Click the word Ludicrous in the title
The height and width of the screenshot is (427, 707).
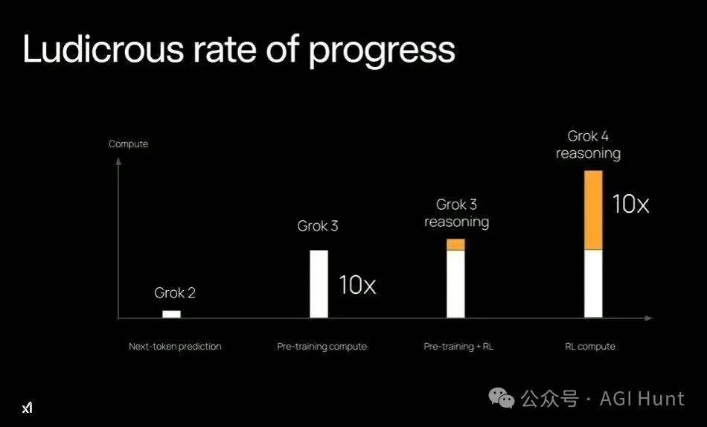pyautogui.click(x=103, y=48)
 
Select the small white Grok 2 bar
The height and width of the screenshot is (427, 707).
pyautogui.click(x=171, y=314)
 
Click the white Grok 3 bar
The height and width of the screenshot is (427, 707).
pyautogui.click(x=319, y=284)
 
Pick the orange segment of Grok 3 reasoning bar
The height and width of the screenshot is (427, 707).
pyautogui.click(x=455, y=245)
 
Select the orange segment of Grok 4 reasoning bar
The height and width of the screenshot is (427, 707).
pyautogui.click(x=593, y=210)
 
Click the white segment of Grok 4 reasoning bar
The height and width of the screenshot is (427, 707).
pyautogui.click(x=593, y=284)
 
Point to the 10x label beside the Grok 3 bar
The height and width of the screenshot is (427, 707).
pyautogui.click(x=357, y=285)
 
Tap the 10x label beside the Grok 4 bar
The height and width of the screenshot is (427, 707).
pyautogui.click(x=630, y=204)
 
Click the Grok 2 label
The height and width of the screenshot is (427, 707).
pyautogui.click(x=175, y=292)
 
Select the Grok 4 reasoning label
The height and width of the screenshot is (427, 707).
pyautogui.click(x=588, y=144)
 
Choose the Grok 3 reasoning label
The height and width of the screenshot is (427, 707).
pyautogui.click(x=456, y=213)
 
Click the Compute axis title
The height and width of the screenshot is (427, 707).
pyautogui.click(x=129, y=144)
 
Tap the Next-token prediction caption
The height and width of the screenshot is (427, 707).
pyautogui.click(x=175, y=347)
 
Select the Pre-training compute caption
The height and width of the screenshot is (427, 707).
pyautogui.click(x=322, y=347)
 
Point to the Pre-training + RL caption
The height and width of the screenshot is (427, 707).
pyautogui.click(x=458, y=347)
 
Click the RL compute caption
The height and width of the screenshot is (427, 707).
pyautogui.click(x=589, y=347)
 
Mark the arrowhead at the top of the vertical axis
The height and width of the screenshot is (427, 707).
pyautogui.click(x=118, y=161)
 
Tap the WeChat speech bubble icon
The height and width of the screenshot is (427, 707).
pyautogui.click(x=502, y=398)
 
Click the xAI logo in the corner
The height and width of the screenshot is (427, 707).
pyautogui.click(x=27, y=408)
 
